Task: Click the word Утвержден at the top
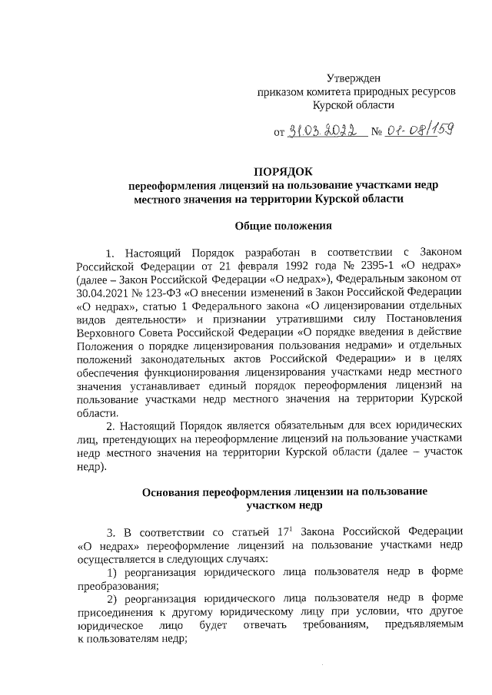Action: pyautogui.click(x=354, y=78)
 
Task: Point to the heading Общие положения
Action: pyautogui.click(x=283, y=226)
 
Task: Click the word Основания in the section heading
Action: pyautogui.click(x=176, y=491)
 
